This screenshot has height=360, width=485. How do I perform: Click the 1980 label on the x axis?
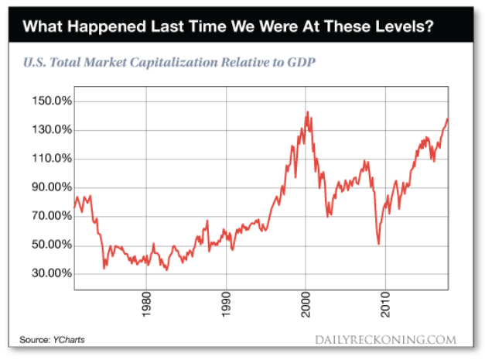click(145, 304)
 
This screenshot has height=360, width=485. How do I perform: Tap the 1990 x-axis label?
click(226, 304)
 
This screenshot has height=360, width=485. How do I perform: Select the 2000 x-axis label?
click(306, 304)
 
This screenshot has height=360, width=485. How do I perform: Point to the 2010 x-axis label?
click(386, 304)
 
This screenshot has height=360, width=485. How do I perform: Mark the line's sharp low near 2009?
click(378, 244)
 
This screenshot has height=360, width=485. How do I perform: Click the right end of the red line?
click(447, 118)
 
